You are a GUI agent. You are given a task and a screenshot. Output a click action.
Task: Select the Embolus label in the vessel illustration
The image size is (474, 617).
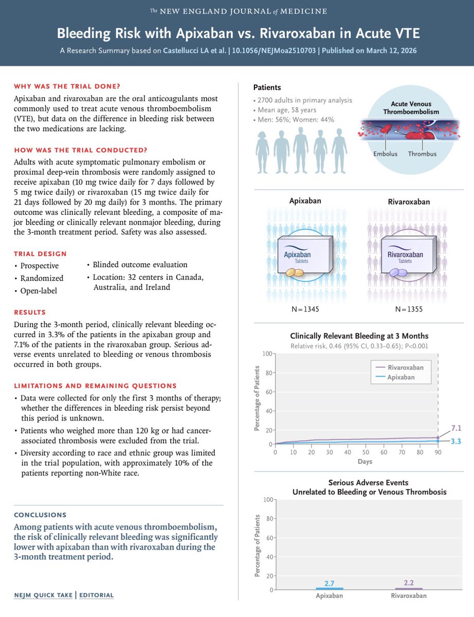[x=385, y=154]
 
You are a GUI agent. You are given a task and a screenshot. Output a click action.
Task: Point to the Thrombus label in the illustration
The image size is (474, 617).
[x=423, y=154]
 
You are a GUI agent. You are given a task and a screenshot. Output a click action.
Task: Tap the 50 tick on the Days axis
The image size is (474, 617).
[x=366, y=452]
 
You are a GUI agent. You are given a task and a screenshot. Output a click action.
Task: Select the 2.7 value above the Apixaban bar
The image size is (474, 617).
[x=329, y=583]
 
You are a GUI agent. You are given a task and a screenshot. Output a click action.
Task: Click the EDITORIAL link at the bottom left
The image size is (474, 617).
[x=97, y=595]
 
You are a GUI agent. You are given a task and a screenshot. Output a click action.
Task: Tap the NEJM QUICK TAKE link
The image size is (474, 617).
[x=43, y=595]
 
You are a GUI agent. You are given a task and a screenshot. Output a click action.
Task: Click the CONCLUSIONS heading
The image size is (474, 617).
[x=40, y=514]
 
